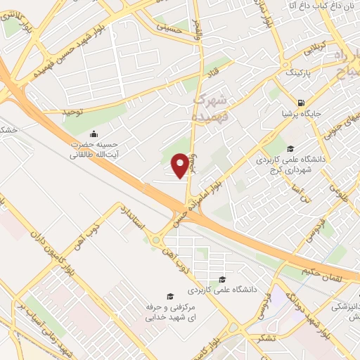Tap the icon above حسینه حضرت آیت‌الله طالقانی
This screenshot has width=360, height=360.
[94, 135]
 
